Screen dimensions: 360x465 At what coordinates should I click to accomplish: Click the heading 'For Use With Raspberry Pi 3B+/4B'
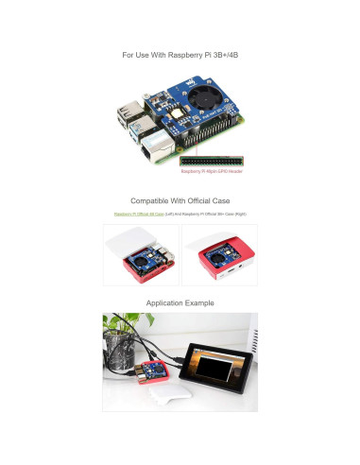pos(180,56)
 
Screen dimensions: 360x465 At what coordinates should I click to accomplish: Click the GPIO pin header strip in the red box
pos(213,161)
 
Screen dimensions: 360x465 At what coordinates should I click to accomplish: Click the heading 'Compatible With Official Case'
pos(180,200)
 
